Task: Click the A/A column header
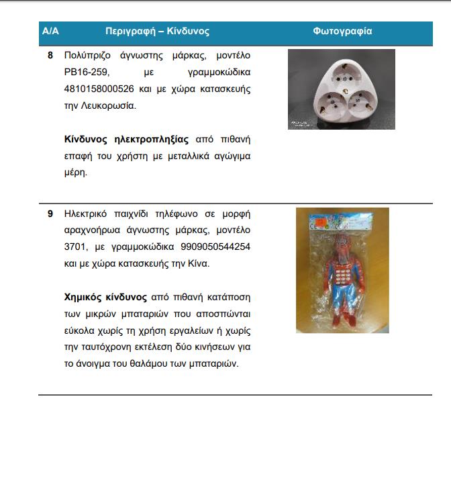click(x=50, y=32)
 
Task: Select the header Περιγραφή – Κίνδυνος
click(x=158, y=32)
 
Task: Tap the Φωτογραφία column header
click(x=342, y=32)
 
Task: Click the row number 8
click(x=50, y=55)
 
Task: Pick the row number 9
click(x=50, y=214)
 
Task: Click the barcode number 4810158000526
click(x=96, y=89)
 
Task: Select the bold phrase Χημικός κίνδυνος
click(x=105, y=297)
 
